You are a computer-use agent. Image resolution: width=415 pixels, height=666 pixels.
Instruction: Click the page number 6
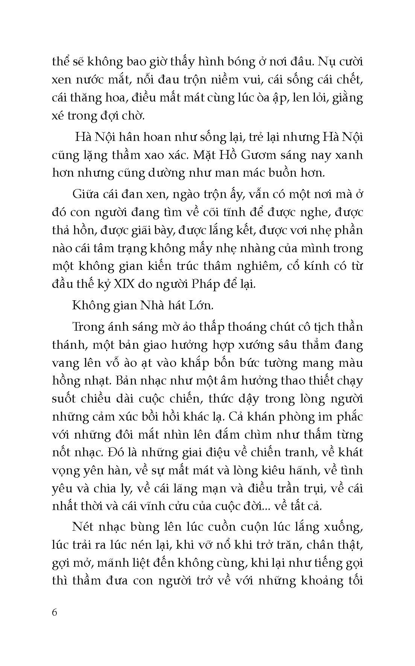click(55, 612)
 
